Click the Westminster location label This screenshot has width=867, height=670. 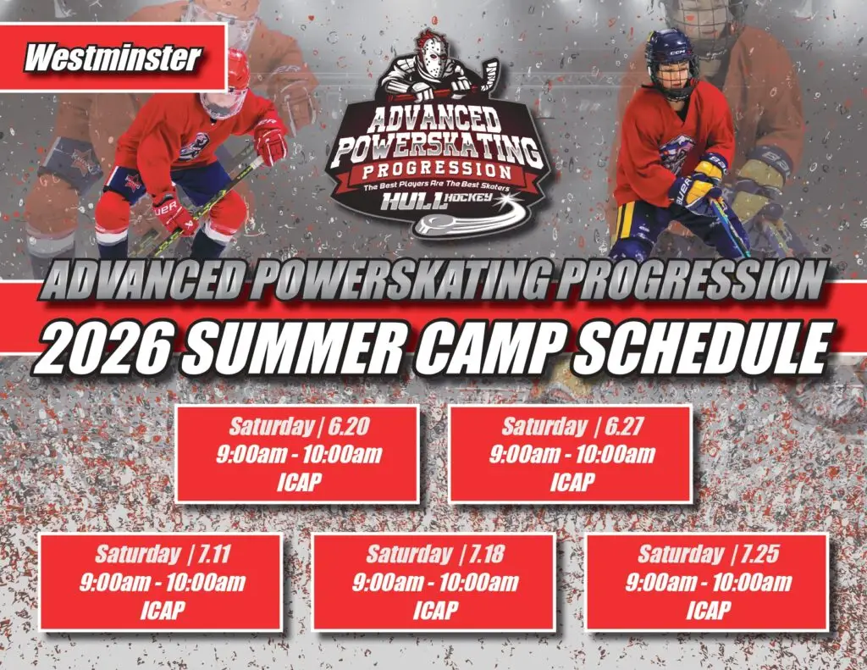[113, 58]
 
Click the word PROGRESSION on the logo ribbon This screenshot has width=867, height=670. [437, 170]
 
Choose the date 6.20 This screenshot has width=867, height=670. [348, 426]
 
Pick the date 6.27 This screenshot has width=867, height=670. [624, 426]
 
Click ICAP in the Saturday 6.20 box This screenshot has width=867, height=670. [299, 482]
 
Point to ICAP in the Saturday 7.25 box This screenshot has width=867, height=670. [709, 610]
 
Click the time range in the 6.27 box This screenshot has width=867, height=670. [572, 454]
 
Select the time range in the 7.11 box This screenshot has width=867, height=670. [162, 582]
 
